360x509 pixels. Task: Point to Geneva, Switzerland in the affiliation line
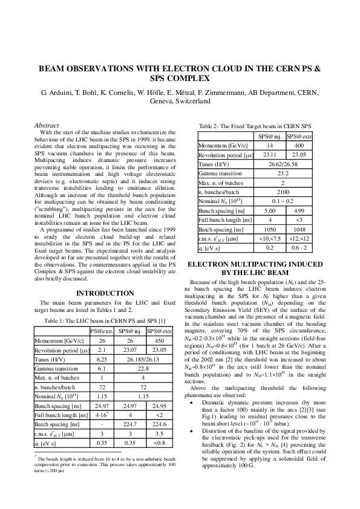[x=180, y=102]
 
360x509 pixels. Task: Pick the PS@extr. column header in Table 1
[x=102, y=331]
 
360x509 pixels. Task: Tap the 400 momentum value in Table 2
[x=298, y=146]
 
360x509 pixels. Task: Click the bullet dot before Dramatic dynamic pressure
[x=192, y=402]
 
